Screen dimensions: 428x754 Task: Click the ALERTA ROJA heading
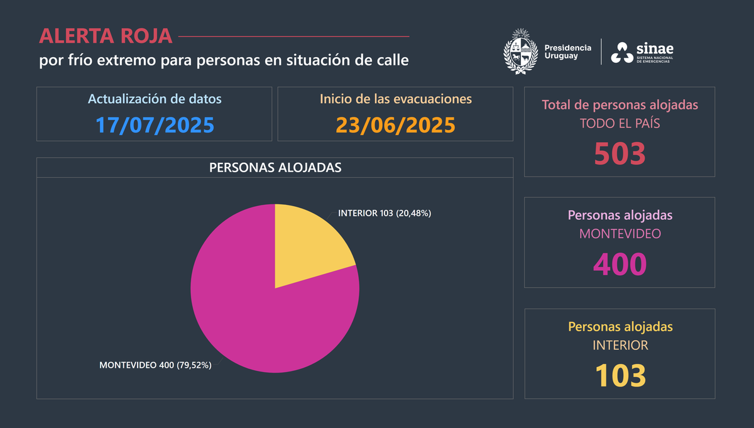(106, 36)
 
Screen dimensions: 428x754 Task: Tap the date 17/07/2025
(155, 124)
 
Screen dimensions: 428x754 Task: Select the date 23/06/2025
(395, 124)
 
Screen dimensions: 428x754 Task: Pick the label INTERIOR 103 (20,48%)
(385, 213)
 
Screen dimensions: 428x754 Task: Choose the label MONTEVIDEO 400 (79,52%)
(155, 365)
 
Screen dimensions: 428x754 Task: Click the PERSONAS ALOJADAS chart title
(275, 168)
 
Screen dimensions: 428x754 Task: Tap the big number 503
(620, 153)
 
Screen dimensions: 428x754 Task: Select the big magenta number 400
(620, 264)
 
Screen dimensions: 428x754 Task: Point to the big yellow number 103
(620, 375)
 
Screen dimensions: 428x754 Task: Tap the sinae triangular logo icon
(623, 53)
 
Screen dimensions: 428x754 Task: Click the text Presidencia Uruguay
(567, 52)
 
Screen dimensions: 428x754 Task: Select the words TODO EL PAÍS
(620, 123)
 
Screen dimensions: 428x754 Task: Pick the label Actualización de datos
(155, 99)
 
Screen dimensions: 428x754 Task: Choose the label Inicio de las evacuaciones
(395, 99)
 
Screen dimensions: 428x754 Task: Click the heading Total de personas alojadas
(620, 104)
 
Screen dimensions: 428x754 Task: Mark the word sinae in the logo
(656, 48)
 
